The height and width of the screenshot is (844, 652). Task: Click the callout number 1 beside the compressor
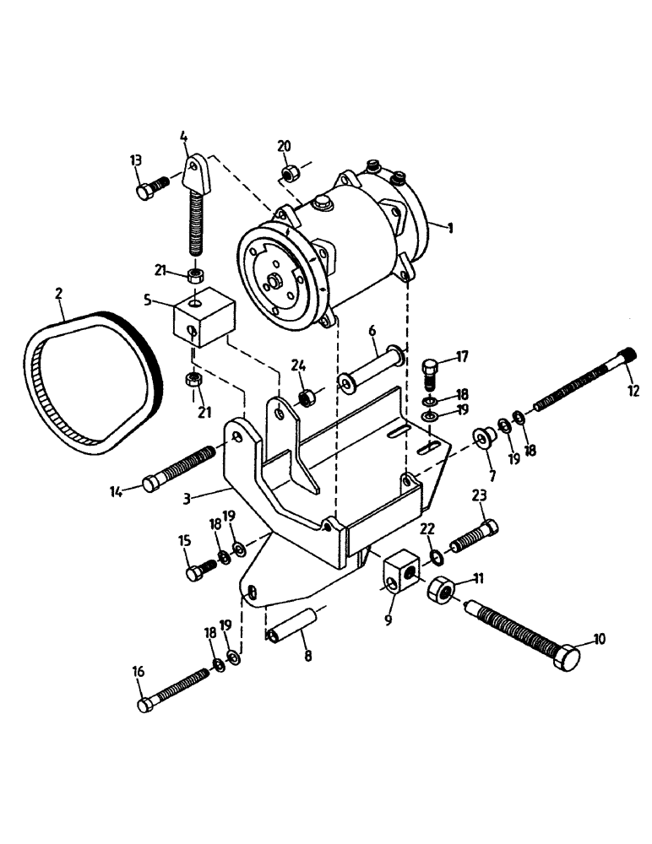[x=451, y=228]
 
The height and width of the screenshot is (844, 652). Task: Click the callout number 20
[x=285, y=147]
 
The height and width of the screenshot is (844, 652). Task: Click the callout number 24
[x=297, y=366]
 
